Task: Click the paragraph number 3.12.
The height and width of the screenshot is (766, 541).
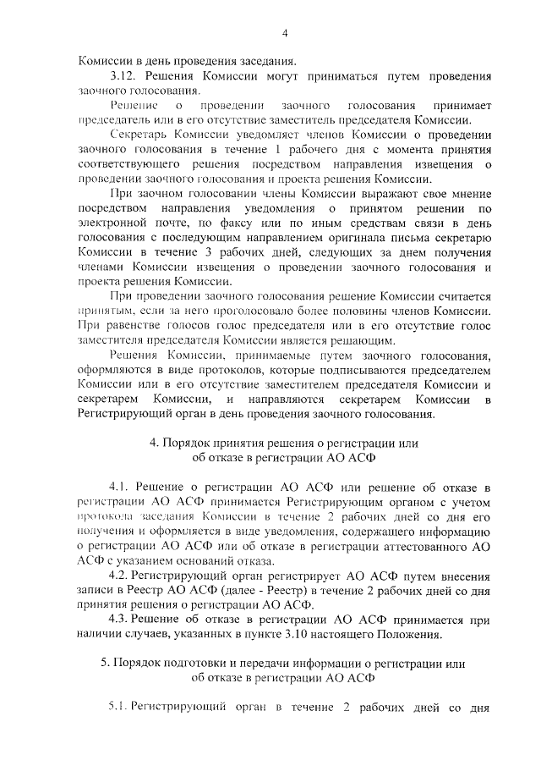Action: (x=123, y=76)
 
